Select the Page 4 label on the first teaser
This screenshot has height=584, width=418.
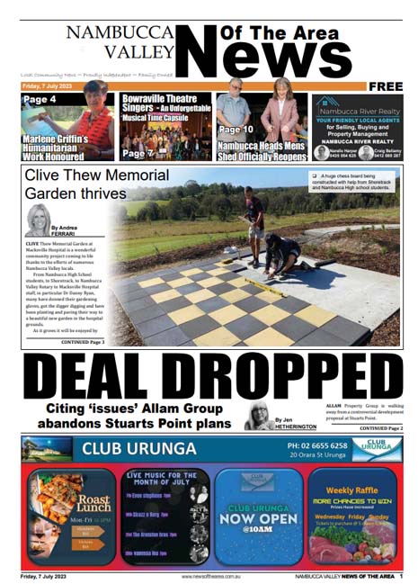point(40,99)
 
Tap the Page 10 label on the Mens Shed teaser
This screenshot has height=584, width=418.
point(235,130)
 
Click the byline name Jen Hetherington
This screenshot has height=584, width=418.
point(298,423)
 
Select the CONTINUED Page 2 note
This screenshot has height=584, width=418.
point(378,428)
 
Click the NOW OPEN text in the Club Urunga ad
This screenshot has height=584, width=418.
point(251,518)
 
